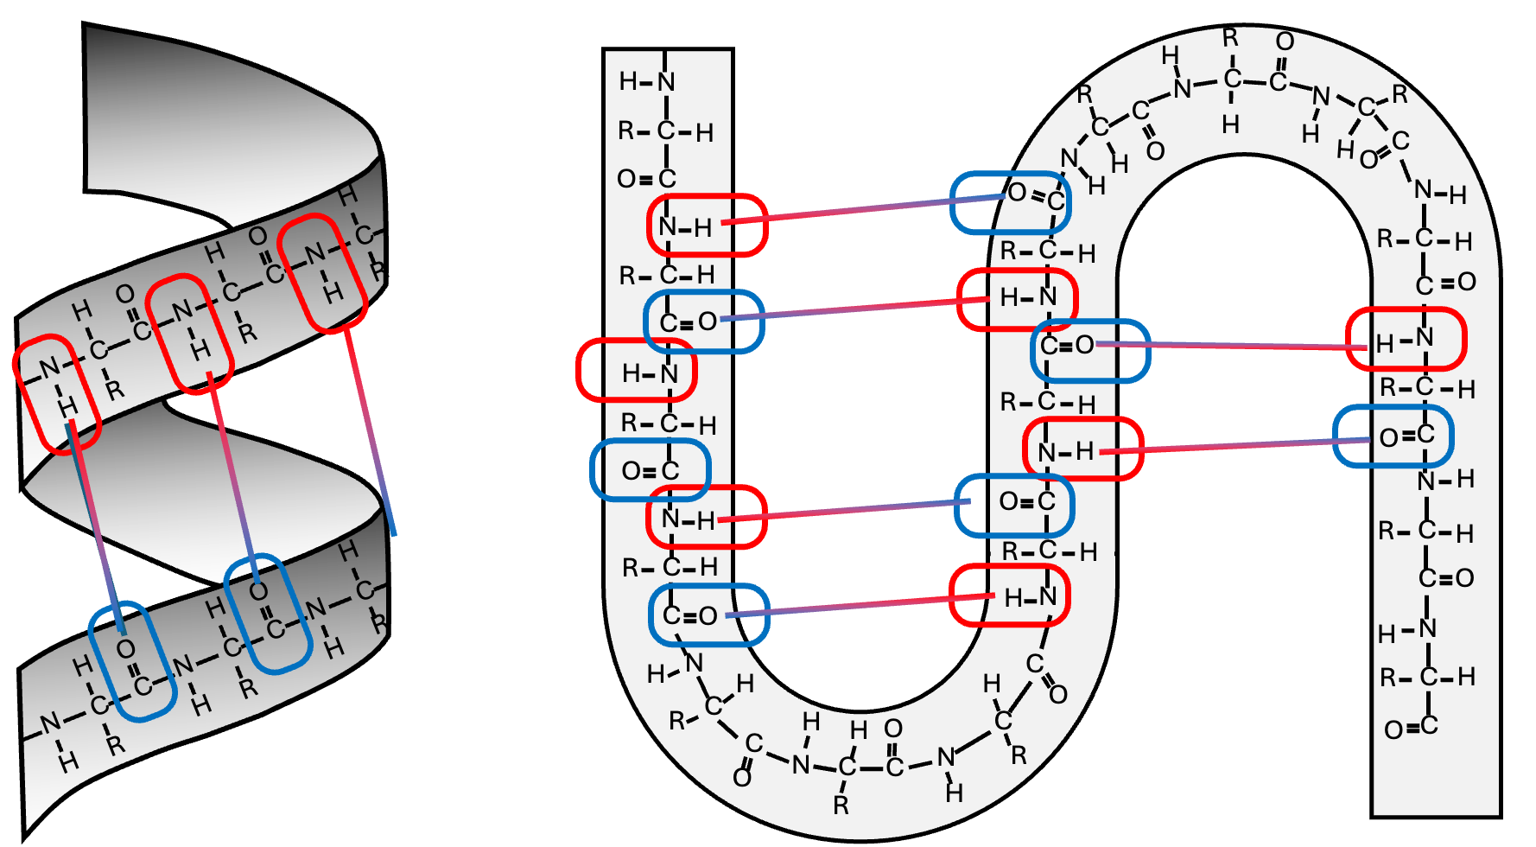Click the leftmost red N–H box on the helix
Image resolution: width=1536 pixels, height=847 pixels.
(x=57, y=394)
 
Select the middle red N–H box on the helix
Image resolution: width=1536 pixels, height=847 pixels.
(x=189, y=334)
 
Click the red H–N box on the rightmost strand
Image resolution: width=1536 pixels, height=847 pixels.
(x=1406, y=340)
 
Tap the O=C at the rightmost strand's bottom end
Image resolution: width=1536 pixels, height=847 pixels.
(x=1411, y=728)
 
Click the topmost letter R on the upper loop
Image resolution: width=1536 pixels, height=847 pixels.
(x=1230, y=39)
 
